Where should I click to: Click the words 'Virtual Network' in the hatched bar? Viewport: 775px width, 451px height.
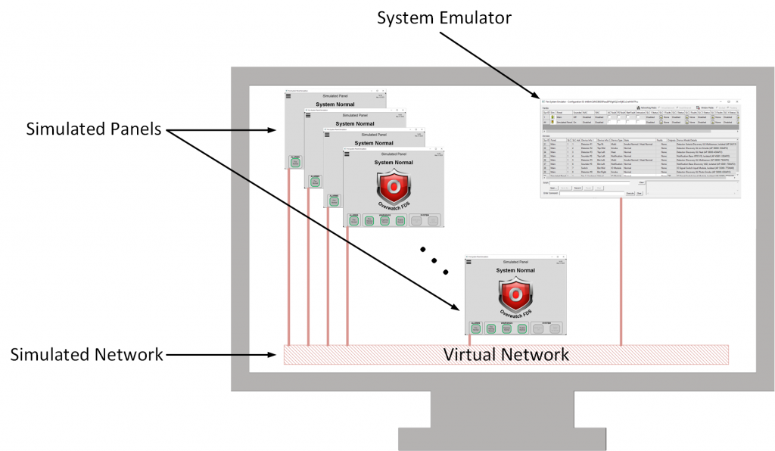pos(505,354)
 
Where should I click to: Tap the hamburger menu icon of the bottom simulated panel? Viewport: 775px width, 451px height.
pos(469,262)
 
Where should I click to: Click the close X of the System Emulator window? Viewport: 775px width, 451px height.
pos(736,101)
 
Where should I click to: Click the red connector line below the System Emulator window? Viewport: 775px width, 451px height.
pos(621,272)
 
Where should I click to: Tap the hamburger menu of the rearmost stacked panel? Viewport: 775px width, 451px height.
pos(288,96)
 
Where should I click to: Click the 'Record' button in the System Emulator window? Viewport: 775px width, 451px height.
pos(577,187)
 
